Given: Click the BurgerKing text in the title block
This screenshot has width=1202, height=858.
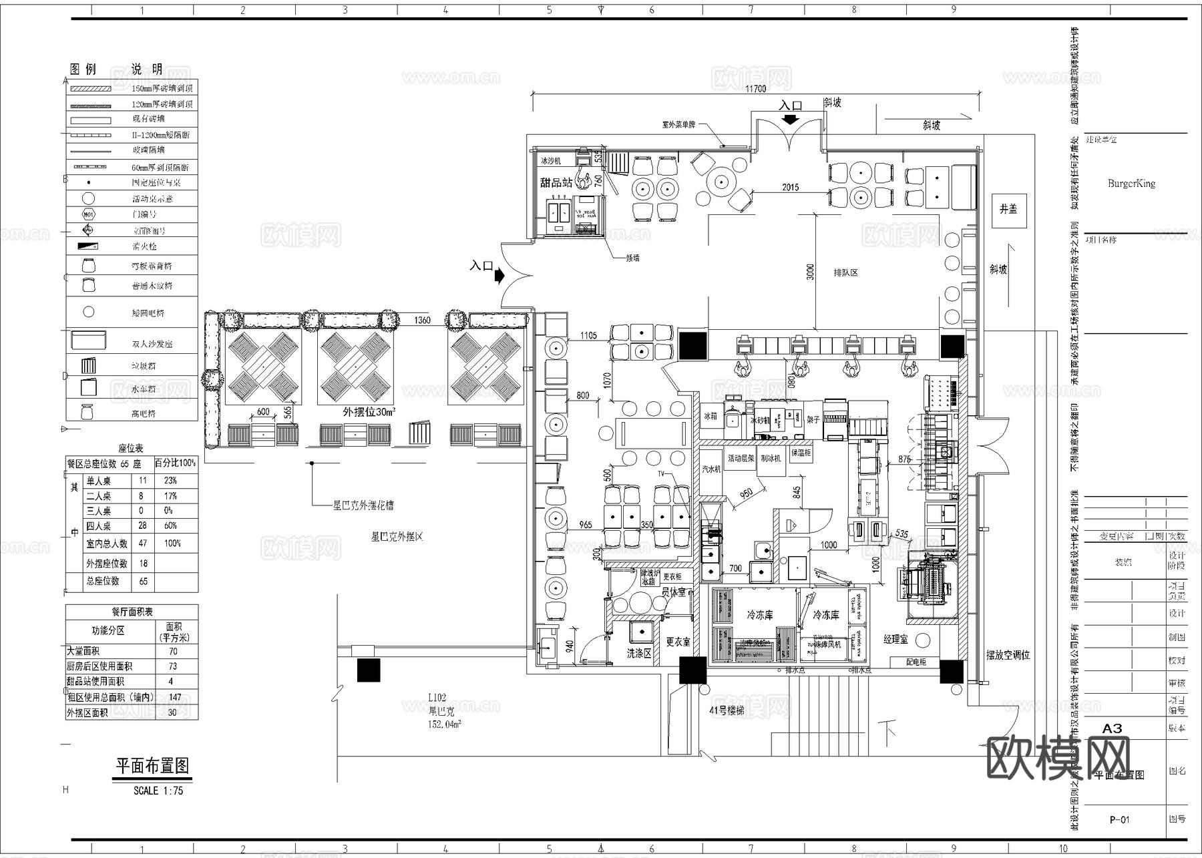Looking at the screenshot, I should coord(1131,184).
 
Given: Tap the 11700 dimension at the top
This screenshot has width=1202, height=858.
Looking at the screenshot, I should coord(755,89).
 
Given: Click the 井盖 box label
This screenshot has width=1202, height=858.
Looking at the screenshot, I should coord(1008,209).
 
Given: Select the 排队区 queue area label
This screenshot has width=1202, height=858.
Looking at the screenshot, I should coord(845,273).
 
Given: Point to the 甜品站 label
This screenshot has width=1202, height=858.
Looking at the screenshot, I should coord(556,182).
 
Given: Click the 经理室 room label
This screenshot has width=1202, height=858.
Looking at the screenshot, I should coord(895,639).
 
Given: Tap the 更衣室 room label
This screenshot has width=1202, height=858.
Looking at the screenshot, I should coord(678,642).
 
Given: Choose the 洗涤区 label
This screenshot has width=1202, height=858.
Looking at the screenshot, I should coord(638,653).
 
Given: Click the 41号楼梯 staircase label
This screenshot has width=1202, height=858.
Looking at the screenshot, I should coord(727,711).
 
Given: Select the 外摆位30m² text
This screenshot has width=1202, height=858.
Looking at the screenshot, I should coord(369,412).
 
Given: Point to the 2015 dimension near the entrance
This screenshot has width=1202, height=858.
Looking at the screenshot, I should coord(790,187).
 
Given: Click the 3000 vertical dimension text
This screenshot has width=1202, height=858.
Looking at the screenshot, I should coord(811,272).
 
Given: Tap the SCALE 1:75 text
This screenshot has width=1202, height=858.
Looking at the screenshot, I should coord(158,791).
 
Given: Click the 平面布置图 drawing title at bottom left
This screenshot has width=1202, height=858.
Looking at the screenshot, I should coord(153,766).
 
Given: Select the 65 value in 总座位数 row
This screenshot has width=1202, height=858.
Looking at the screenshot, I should coord(143,582).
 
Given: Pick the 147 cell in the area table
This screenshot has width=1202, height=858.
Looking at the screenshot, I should coord(174,697).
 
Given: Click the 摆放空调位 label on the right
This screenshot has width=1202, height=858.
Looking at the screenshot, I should coord(1008,655).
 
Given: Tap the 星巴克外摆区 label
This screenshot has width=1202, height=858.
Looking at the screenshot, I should coord(397,536).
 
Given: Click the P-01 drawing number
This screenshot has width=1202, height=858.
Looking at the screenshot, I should coord(1119,819).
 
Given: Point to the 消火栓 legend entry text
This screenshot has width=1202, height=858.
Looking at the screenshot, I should coord(144,246).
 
